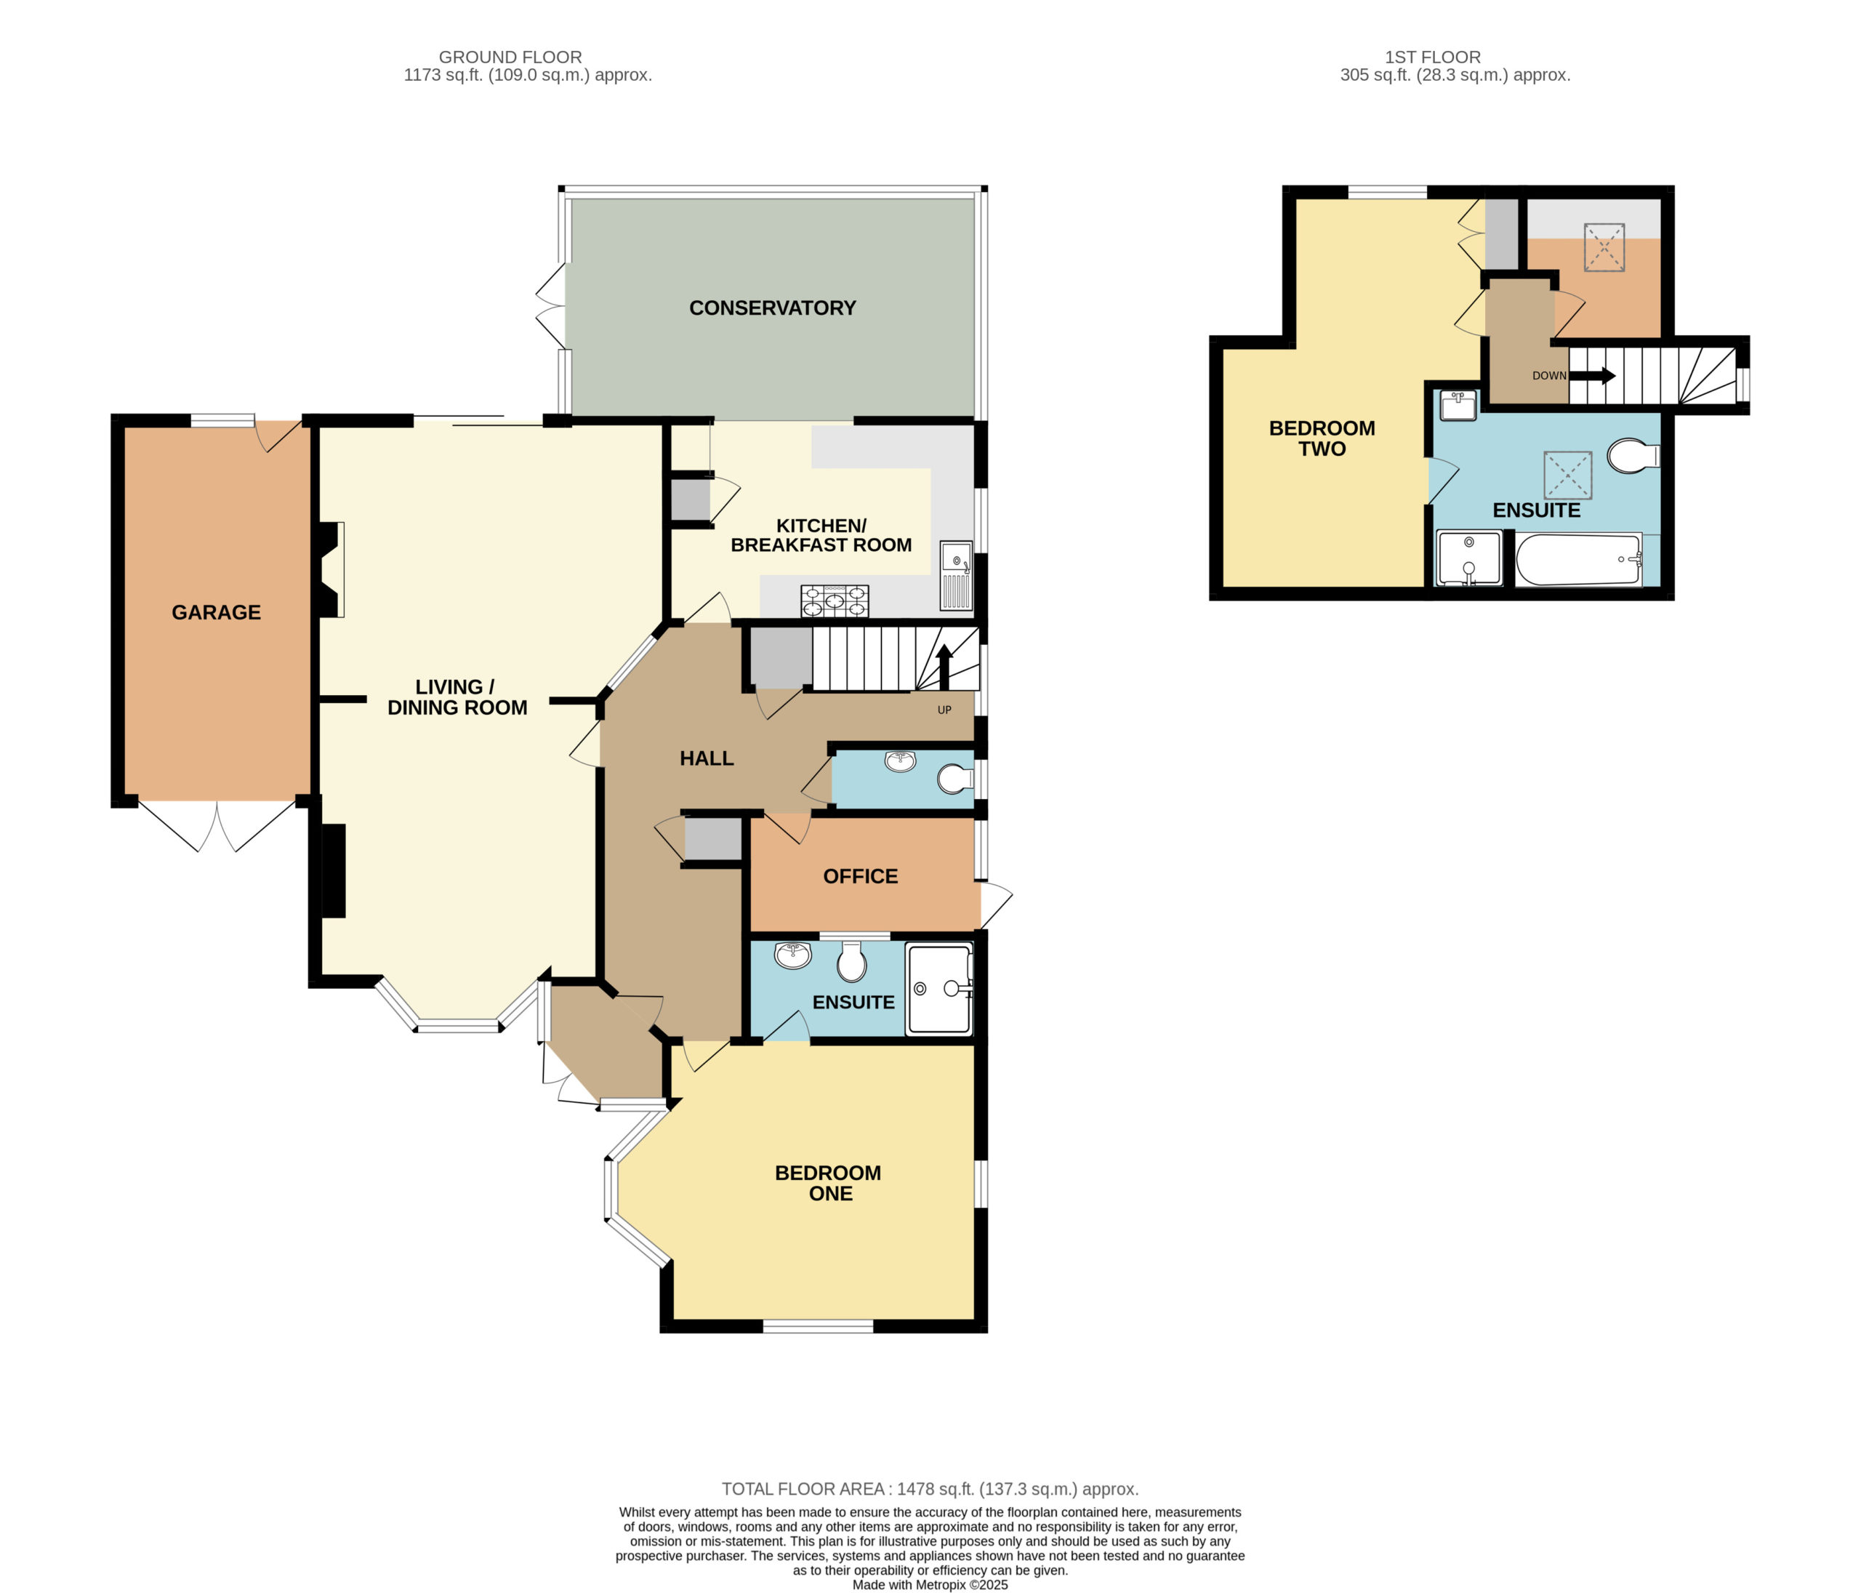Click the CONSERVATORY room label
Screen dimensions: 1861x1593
[x=773, y=308]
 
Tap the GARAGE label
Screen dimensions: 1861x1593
[x=217, y=613]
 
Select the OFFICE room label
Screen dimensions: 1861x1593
[x=861, y=876]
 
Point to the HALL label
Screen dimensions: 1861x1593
[x=707, y=758]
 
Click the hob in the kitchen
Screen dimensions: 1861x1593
[x=835, y=601]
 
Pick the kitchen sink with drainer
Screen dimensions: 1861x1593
[x=957, y=575]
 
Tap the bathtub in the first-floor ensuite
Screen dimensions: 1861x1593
[x=1579, y=560]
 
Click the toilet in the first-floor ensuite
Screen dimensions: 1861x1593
[x=1633, y=456]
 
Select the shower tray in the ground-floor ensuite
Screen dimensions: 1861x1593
[x=939, y=988]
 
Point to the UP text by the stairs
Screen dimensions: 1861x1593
[x=944, y=710]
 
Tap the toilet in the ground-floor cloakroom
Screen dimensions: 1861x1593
[x=954, y=779]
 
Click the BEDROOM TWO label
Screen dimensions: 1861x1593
[x=1322, y=438]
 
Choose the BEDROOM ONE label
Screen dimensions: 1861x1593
[x=828, y=1183]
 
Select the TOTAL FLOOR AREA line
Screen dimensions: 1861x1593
[x=930, y=1489]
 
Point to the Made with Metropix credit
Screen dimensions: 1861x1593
[x=930, y=1585]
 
